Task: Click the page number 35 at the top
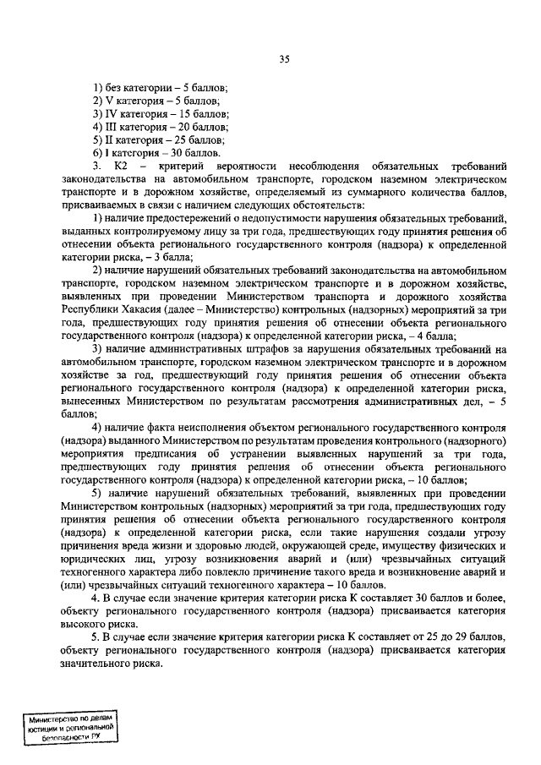pos(284,58)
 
